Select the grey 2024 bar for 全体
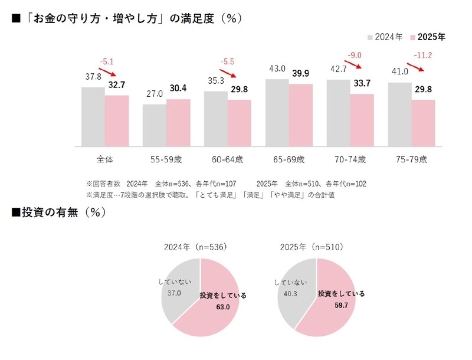93,116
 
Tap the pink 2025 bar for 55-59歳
178,122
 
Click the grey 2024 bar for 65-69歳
277,112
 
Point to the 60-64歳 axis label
227,159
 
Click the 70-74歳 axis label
350,159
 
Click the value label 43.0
277,69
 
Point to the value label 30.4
178,89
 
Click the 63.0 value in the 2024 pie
223,305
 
